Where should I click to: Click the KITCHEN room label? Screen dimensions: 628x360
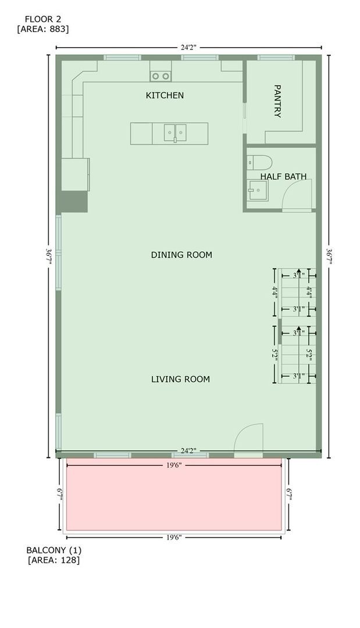point(165,95)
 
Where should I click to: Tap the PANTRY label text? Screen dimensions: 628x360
point(277,101)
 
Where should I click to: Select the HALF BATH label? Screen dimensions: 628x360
point(283,176)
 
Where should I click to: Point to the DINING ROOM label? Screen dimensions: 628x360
point(181,255)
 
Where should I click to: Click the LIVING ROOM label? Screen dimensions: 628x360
point(180,379)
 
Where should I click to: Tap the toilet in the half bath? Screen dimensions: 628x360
point(259,162)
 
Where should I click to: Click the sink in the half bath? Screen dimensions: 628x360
point(256,190)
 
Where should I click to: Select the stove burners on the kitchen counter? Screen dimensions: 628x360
point(161,76)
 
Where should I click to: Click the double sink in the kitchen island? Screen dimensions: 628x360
point(174,133)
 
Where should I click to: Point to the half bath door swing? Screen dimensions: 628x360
point(298,195)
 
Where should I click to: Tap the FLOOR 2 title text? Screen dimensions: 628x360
point(42,19)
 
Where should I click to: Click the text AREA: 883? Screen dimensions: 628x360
point(43,28)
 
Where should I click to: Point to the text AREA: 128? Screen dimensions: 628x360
point(54,561)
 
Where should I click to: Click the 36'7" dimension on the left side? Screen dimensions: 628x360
point(49,254)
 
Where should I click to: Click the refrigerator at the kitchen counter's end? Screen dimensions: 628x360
point(76,174)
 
